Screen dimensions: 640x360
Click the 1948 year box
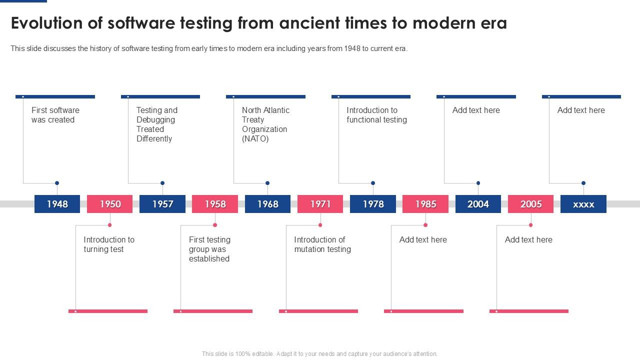click(x=57, y=204)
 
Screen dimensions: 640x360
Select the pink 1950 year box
click(x=109, y=204)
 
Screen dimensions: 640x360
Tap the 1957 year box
click(x=162, y=204)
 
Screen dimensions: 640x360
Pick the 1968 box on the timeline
click(x=267, y=204)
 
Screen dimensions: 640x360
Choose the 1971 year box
click(x=320, y=204)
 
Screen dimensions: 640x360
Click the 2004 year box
click(x=478, y=204)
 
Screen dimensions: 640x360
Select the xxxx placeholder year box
click(x=583, y=204)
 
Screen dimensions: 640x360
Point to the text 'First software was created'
click(x=55, y=115)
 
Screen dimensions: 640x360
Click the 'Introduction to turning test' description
click(x=109, y=244)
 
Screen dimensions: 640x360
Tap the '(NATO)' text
click(x=255, y=139)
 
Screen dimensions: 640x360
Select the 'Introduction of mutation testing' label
click(x=322, y=244)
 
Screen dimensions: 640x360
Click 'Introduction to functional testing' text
click(x=377, y=115)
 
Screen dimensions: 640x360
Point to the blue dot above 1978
click(x=373, y=183)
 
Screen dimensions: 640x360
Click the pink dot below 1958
click(x=215, y=225)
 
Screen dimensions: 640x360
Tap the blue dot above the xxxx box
click(x=583, y=183)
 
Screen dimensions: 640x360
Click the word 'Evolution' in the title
click(x=47, y=23)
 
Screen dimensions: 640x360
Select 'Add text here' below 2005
click(x=528, y=239)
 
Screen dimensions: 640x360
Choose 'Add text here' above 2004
click(x=476, y=110)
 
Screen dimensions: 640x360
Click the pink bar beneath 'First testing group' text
click(x=213, y=311)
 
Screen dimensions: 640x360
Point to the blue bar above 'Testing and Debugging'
click(x=160, y=97)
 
